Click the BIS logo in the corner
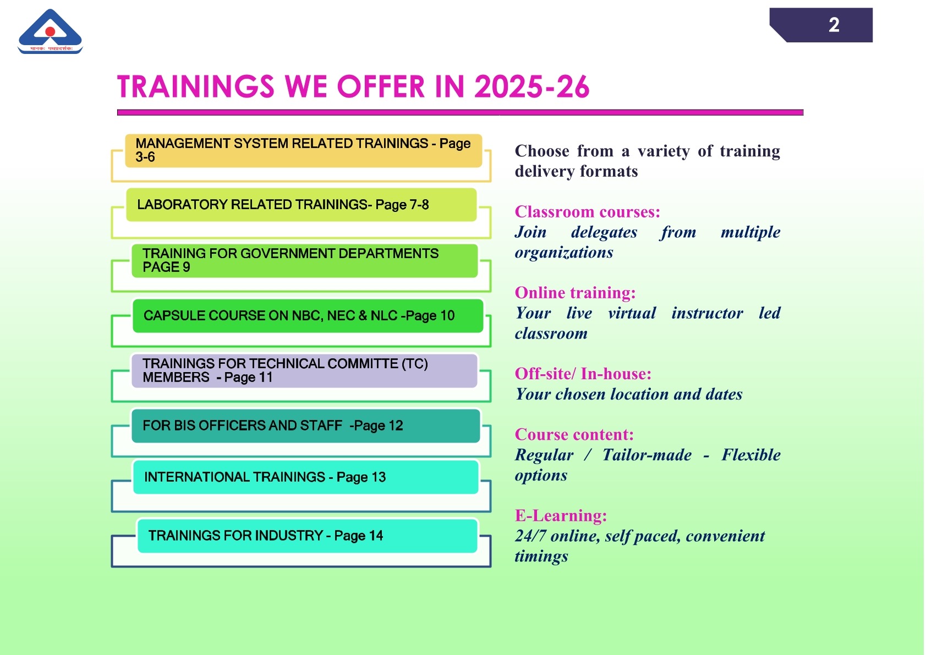tap(50, 31)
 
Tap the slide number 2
tap(834, 25)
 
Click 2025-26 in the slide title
tap(532, 87)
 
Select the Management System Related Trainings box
tap(304, 150)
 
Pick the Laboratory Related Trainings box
tap(302, 205)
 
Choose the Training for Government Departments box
tap(305, 260)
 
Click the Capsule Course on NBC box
tap(308, 316)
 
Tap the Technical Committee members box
tap(304, 370)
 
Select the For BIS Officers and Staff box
tap(306, 426)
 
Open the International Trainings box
tap(306, 477)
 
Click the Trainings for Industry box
tap(308, 536)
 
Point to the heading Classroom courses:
tap(588, 212)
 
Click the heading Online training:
tap(575, 293)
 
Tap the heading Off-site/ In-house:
tap(583, 374)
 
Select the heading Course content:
tap(574, 435)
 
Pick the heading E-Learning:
tap(561, 516)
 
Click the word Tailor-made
tap(647, 455)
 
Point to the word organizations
tap(564, 252)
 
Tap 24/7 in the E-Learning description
tap(530, 536)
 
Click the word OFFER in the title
tap(381, 87)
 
